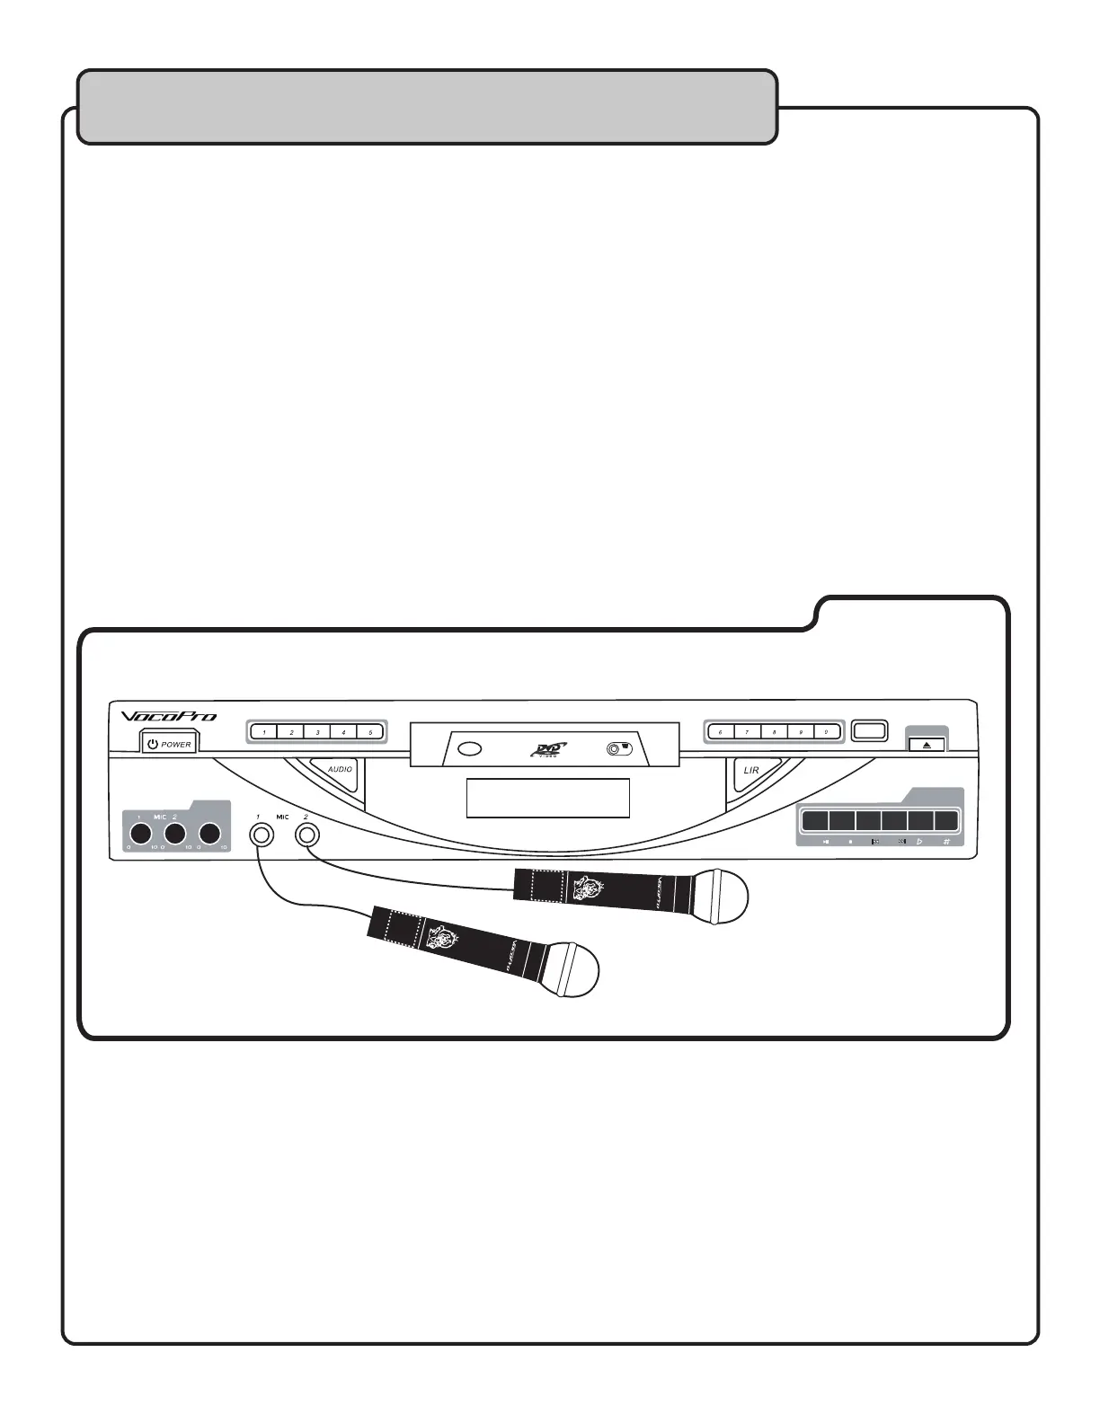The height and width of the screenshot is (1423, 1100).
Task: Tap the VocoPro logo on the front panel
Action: click(169, 717)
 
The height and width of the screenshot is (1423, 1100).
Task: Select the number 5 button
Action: click(370, 732)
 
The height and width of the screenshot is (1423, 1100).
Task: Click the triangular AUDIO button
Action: click(338, 773)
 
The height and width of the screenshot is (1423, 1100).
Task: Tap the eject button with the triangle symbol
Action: click(927, 745)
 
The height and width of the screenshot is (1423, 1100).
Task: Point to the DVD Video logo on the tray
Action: click(548, 749)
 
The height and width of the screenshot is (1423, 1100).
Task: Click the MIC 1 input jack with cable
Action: click(261, 835)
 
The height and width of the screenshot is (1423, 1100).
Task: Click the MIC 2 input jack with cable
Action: click(306, 835)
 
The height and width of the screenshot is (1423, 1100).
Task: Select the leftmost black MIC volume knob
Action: click(139, 833)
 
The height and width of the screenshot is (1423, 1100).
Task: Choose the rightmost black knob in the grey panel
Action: click(210, 833)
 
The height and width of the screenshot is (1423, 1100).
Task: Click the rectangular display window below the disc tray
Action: click(547, 798)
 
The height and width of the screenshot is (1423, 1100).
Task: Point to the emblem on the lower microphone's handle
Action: click(443, 939)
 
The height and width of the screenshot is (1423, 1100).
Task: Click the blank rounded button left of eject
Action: click(869, 731)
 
